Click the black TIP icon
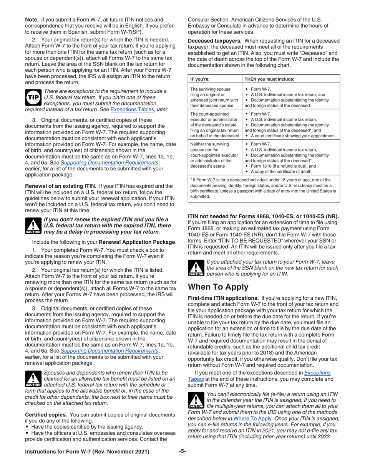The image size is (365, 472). [33, 97]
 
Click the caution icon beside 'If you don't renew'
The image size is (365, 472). [33, 226]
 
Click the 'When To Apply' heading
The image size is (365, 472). [218, 287]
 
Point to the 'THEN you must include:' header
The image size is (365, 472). [269, 79]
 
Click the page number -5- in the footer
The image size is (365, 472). [182, 451]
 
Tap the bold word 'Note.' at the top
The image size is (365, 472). [32, 19]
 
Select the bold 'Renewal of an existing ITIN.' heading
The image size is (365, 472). [60, 186]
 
